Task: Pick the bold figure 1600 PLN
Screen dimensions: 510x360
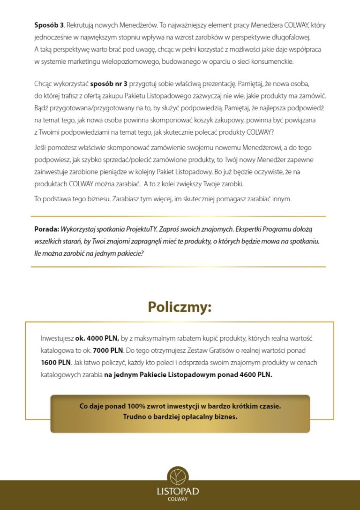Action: pos(56,363)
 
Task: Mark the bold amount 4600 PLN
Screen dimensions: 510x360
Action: pos(255,375)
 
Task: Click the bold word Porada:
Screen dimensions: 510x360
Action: pos(46,230)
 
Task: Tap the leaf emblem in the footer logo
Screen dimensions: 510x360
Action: pos(178,476)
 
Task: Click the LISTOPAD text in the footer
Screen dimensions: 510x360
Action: pos(178,491)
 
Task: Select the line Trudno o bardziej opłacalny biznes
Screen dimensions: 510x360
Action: pos(180,416)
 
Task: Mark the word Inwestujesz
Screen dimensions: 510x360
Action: pos(57,338)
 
